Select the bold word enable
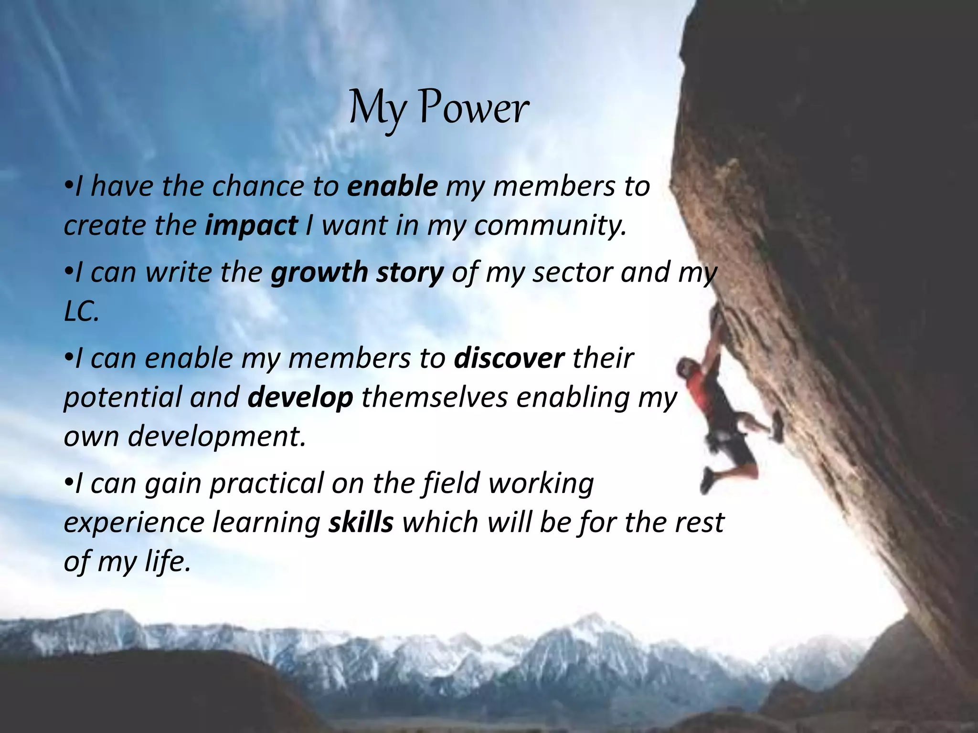[392, 186]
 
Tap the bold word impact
[251, 226]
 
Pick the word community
[550, 226]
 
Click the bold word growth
[319, 273]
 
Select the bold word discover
[509, 359]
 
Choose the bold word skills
[361, 522]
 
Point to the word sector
[572, 273]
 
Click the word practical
[267, 483]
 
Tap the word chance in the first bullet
[258, 186]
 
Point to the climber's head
[686, 368]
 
